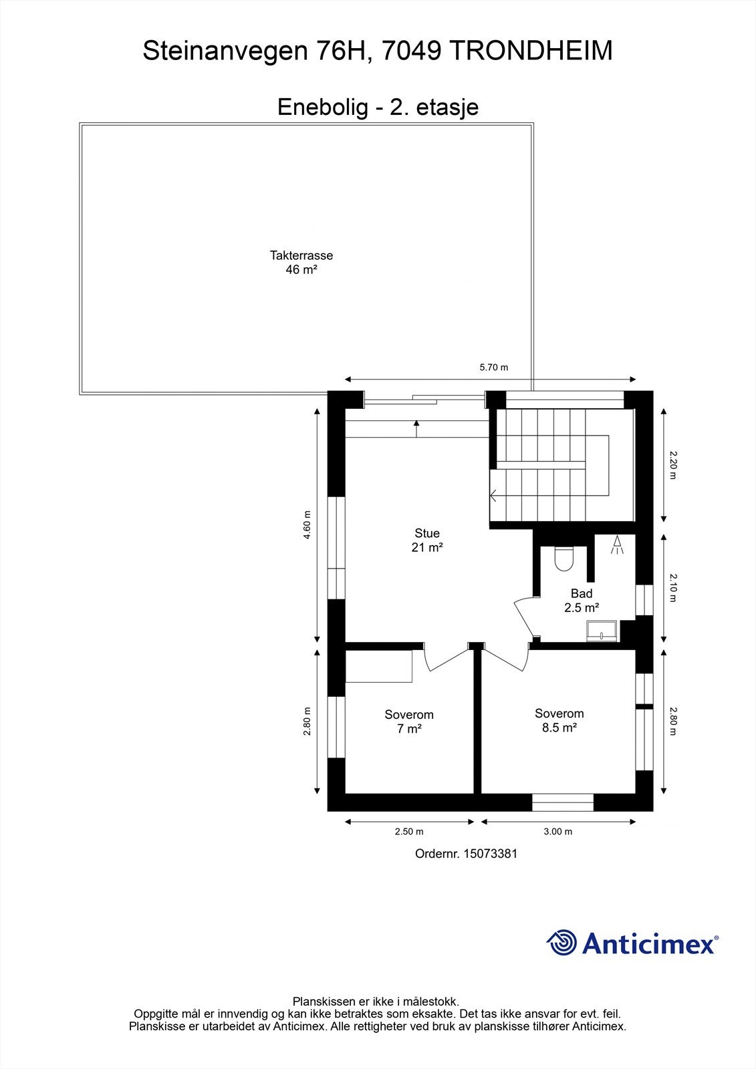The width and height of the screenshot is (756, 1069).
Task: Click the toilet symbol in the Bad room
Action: [x=564, y=559]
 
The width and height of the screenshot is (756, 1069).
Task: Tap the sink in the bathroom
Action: [x=602, y=631]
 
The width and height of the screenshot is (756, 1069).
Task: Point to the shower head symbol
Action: [x=617, y=545]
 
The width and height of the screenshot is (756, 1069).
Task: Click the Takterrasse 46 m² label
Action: [x=301, y=263]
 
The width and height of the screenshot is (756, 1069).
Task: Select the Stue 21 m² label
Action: [x=427, y=541]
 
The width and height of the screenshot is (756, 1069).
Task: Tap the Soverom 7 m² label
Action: [x=409, y=722]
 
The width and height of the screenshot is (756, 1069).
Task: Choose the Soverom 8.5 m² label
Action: [x=559, y=720]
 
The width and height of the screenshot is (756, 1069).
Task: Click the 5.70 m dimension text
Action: [x=494, y=367]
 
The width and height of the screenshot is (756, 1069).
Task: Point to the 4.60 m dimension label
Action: [x=307, y=525]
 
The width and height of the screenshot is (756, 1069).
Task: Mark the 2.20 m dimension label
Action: [x=673, y=465]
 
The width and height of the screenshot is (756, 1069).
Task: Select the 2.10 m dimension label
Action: [x=673, y=588]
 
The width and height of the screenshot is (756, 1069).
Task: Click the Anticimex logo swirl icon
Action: [x=561, y=943]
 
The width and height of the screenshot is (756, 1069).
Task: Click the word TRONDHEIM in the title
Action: [x=531, y=51]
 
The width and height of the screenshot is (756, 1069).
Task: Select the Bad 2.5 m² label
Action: [x=582, y=601]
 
